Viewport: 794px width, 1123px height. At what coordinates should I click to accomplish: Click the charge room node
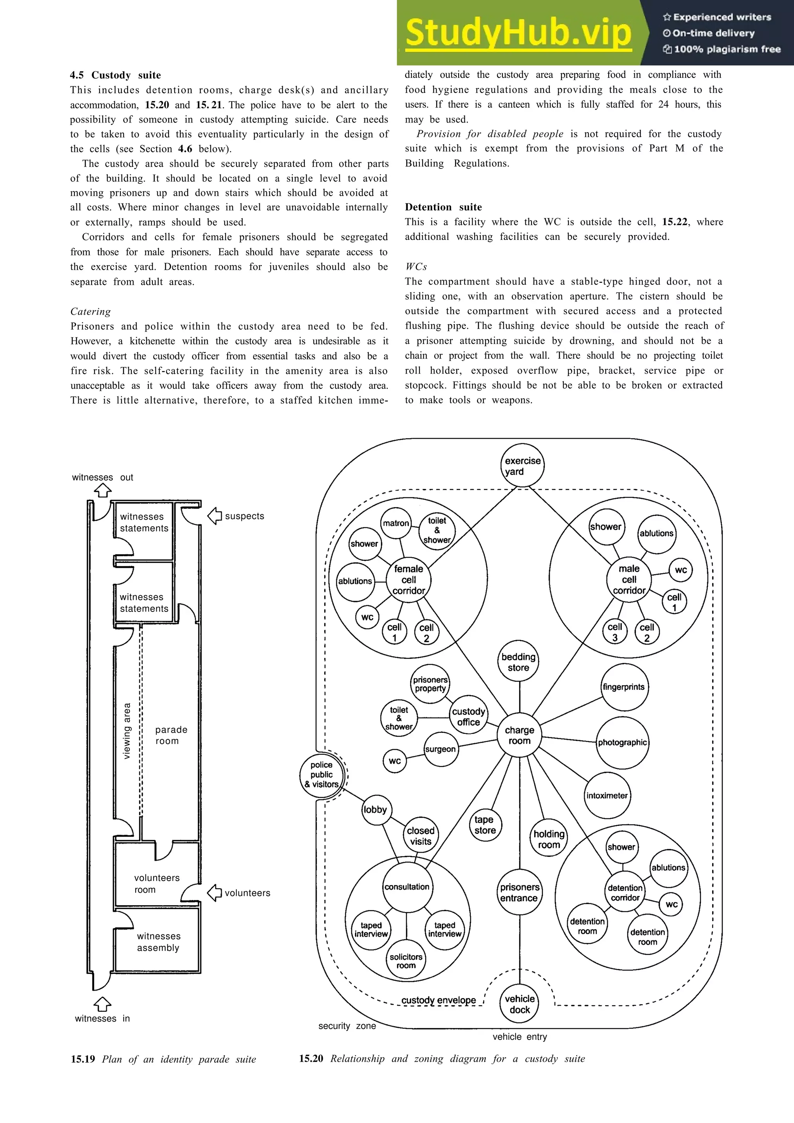click(x=519, y=735)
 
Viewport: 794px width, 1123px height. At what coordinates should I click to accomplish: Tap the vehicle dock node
click(x=520, y=1004)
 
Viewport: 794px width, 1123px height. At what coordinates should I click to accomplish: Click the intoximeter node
click(x=607, y=795)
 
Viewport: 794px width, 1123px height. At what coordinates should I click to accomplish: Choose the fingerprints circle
click(x=624, y=687)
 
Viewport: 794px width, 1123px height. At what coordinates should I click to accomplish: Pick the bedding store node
click(x=519, y=662)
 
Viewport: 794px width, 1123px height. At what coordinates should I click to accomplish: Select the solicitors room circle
click(x=406, y=961)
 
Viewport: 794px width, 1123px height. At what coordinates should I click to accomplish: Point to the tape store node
click(x=485, y=825)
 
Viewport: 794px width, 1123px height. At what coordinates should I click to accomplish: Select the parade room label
click(x=167, y=735)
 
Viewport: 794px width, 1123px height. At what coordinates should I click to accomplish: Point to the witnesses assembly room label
click(x=158, y=942)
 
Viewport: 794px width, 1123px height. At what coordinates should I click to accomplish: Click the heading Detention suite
click(x=443, y=207)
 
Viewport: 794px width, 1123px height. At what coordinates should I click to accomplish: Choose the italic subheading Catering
click(x=90, y=312)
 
